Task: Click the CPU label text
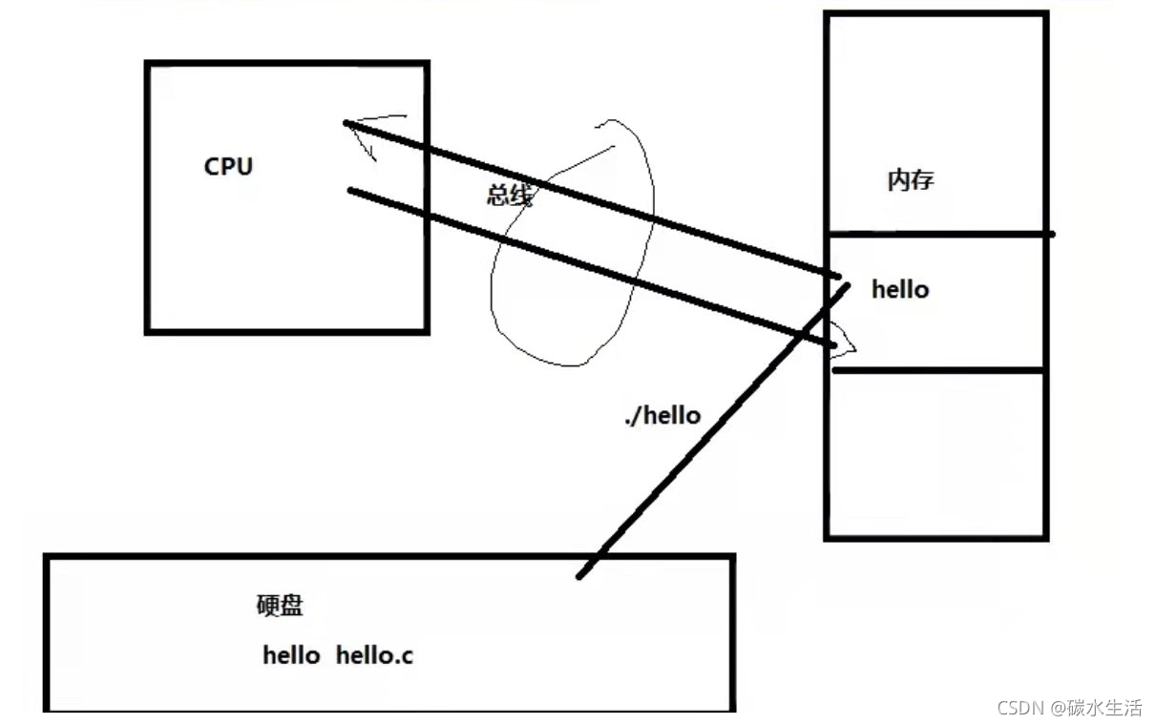pos(228,167)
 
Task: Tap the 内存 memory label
pos(911,180)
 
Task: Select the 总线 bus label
pos(510,195)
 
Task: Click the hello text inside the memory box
pos(900,289)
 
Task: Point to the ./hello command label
pos(663,416)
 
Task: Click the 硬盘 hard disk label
pos(280,606)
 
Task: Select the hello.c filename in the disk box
pos(374,655)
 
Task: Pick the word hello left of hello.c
pos(291,655)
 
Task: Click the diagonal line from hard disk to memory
pos(713,431)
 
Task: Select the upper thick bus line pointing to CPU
pos(592,199)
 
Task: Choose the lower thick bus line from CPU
pos(592,267)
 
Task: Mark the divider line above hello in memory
pos(940,235)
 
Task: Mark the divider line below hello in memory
pos(938,370)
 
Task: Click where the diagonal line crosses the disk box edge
pos(600,556)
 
